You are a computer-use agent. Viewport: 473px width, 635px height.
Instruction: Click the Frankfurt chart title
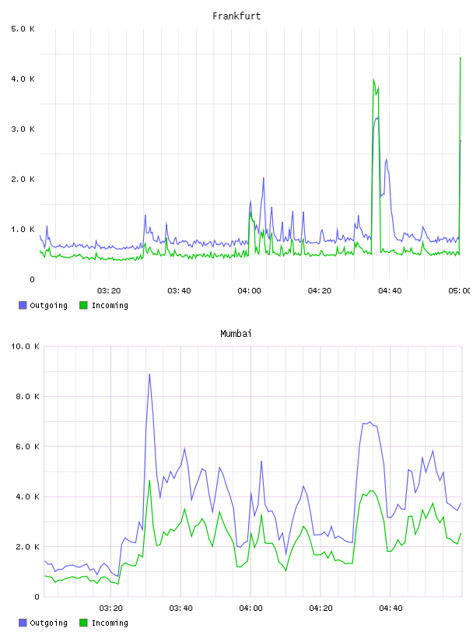236,16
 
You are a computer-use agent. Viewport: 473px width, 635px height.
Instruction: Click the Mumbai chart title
236,334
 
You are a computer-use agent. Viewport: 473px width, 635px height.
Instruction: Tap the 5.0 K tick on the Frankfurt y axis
23,29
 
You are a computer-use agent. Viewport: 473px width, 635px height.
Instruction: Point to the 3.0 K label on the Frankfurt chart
23,129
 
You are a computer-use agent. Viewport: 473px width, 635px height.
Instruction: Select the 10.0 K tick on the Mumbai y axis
25,346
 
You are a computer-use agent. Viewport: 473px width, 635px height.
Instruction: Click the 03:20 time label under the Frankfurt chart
109,291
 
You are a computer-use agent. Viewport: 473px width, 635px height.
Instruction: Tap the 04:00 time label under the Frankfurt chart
250,291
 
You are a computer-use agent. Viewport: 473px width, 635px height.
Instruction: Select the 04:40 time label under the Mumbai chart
391,609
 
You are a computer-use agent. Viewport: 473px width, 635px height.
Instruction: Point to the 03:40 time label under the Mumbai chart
180,609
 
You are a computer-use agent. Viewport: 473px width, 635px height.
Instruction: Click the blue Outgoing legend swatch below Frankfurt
23,305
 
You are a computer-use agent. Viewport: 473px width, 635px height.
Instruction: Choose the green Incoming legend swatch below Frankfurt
83,305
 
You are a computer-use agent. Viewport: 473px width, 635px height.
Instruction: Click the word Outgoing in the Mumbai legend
48,623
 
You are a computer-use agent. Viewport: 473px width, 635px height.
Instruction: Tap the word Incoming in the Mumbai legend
110,623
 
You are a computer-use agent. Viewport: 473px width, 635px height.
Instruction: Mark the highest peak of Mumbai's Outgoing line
149,374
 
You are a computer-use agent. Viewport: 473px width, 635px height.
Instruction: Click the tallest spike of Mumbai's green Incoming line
149,481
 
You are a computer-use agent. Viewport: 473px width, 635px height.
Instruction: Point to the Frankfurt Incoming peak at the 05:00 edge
461,58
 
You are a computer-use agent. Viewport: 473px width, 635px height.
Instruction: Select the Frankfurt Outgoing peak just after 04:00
264,177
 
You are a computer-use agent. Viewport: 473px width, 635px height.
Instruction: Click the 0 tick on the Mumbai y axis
37,597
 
